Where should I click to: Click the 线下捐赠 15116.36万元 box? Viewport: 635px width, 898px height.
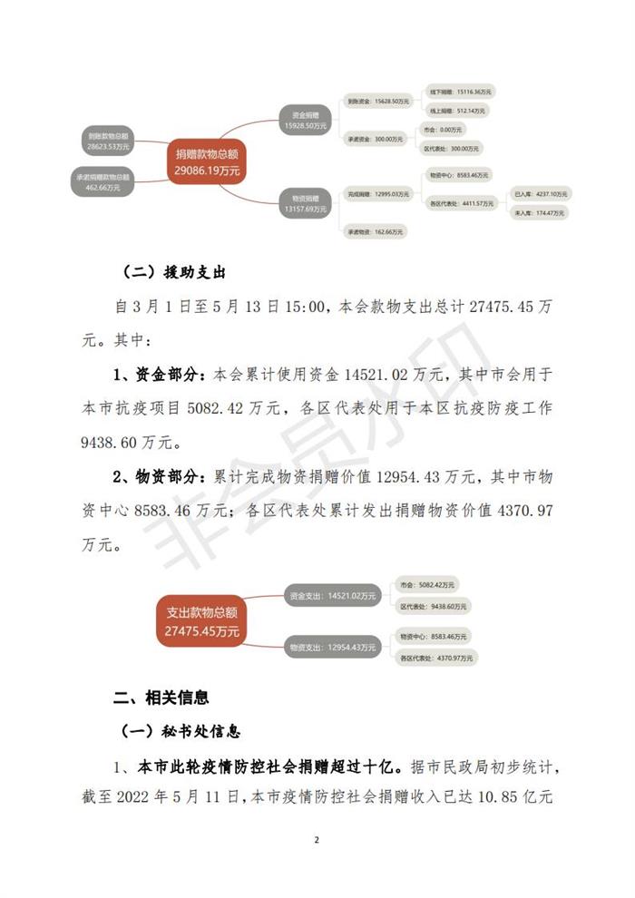[461, 93]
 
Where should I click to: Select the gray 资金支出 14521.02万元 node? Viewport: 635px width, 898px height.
[331, 596]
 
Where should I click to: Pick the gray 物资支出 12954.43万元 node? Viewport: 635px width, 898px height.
[331, 648]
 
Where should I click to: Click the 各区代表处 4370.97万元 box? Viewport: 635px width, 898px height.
[435, 657]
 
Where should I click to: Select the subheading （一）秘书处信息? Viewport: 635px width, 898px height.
[181, 730]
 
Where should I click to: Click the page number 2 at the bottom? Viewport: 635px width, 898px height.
[317, 840]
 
